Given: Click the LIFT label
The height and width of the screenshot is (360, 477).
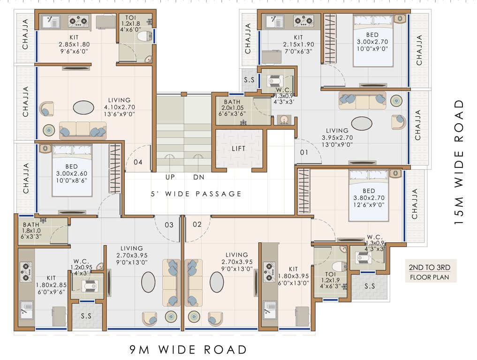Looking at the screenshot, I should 238,149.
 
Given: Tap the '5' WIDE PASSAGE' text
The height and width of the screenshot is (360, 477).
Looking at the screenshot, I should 196,194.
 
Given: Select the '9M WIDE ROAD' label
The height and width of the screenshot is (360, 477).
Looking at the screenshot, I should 188,349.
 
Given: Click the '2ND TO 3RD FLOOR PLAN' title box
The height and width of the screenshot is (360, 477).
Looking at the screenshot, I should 430,272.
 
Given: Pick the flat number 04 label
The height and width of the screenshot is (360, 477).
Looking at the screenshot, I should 137,163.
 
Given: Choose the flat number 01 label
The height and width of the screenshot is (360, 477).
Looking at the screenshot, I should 304,152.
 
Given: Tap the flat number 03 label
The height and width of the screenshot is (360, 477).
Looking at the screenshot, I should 169,225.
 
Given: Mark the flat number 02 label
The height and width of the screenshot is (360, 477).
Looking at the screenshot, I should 197,225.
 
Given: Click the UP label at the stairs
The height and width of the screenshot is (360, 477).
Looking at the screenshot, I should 170,177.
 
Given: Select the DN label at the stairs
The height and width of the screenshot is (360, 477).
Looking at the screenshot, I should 198,177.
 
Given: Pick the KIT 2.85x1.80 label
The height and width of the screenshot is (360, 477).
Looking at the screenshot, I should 74,44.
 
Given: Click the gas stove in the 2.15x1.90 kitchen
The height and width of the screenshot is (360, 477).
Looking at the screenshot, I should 303,21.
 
